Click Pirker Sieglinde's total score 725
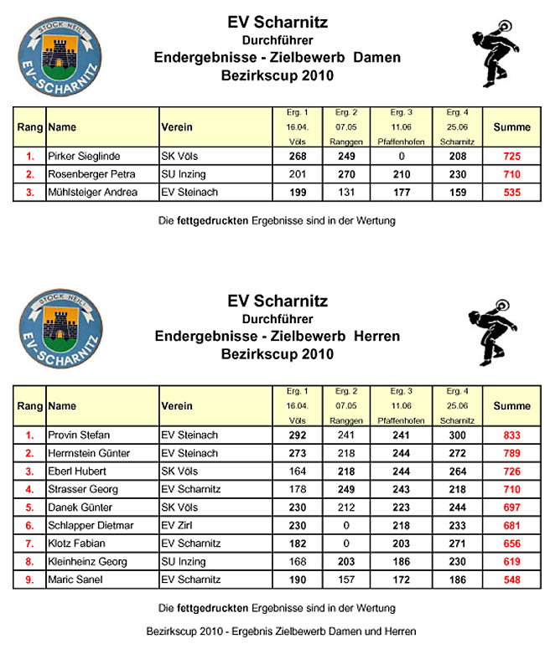pos(511,156)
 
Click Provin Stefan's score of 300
pos(457,435)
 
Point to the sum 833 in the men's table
pos(511,435)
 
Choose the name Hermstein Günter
pos(89,454)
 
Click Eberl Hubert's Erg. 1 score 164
pos(297,471)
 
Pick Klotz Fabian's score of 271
pos(457,543)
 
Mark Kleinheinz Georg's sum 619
pos(511,561)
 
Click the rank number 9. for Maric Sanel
pos(29,579)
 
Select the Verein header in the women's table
pos(176,127)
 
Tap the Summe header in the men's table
pos(511,406)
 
